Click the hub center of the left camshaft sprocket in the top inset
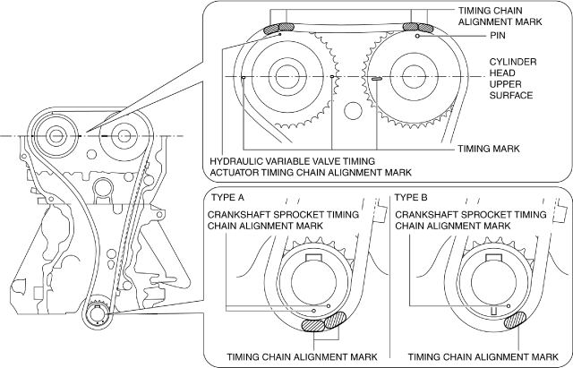pos(284,77)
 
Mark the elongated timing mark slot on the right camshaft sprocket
pos(376,78)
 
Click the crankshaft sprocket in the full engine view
pos(96,315)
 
